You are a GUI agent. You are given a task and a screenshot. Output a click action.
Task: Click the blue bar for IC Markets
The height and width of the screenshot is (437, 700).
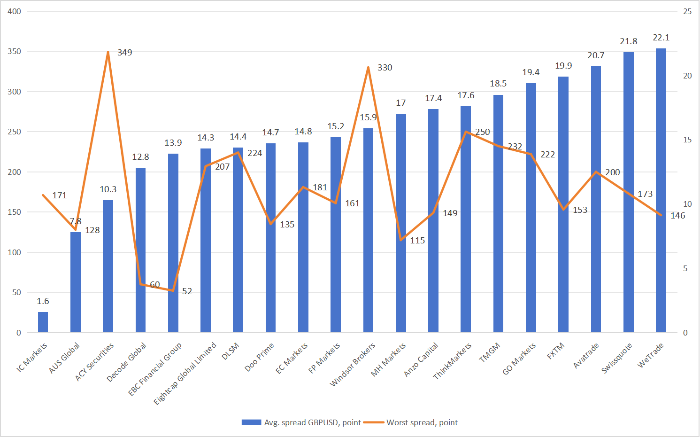tap(43, 322)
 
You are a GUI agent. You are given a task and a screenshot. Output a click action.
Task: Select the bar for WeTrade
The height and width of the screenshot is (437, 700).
tap(661, 190)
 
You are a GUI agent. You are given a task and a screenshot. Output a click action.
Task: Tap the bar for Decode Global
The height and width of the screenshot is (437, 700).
tap(140, 250)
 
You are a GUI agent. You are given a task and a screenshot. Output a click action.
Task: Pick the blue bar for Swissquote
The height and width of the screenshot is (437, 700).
tap(629, 192)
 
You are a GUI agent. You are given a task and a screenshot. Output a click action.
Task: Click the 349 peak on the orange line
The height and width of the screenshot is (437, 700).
tap(108, 52)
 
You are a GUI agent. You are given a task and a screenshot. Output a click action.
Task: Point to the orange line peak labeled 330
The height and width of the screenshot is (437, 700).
tap(369, 67)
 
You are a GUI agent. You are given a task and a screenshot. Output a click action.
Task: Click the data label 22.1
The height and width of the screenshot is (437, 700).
tap(661, 38)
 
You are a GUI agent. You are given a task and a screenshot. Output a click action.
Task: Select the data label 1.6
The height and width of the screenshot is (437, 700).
tap(43, 301)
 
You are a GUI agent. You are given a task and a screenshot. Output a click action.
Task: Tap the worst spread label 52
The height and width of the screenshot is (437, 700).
tap(187, 291)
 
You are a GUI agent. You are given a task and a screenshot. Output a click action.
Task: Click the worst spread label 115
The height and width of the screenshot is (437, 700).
tap(417, 241)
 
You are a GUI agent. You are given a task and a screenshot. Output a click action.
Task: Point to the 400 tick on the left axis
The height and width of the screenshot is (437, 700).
tap(15, 11)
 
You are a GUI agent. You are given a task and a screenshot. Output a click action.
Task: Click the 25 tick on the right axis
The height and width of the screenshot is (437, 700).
tap(687, 11)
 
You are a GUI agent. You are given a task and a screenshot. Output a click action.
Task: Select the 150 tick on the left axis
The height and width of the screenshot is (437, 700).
tap(15, 212)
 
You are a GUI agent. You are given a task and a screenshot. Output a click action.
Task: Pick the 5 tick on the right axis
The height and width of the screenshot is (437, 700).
tap(685, 268)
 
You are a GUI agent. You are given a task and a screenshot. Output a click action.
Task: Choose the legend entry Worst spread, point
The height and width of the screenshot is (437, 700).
tap(422, 422)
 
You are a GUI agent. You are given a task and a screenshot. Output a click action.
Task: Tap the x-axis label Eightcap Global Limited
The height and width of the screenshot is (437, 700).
tap(185, 374)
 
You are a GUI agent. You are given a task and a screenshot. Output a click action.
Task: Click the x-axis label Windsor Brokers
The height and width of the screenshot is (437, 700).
tap(353, 365)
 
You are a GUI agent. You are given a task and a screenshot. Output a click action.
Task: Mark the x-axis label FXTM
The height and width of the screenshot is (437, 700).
tap(556, 351)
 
